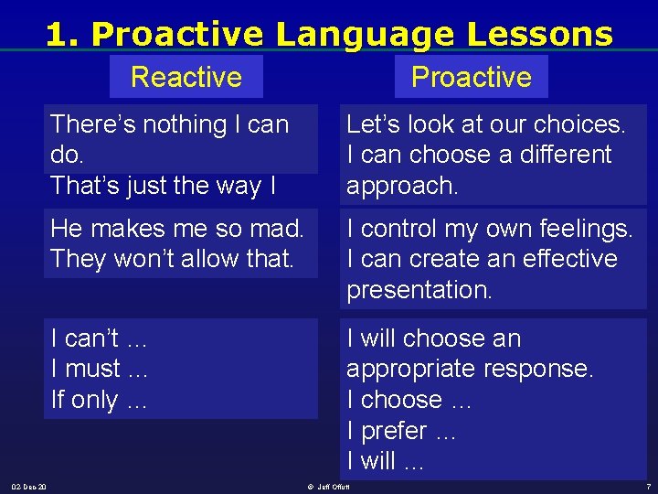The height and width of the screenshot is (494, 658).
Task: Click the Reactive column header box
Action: point(186,77)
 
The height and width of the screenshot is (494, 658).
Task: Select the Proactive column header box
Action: point(471,77)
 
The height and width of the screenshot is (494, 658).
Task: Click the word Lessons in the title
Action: point(539,34)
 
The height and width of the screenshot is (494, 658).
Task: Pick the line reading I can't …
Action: point(99,338)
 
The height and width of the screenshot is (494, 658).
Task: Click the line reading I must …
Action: point(99,370)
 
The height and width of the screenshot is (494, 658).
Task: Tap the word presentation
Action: point(419,290)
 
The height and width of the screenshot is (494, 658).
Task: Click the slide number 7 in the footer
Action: point(647,486)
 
